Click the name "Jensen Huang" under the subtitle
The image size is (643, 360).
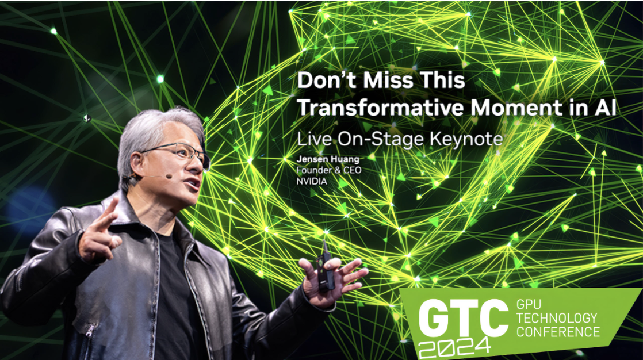point(328,159)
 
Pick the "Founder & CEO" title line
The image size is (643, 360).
point(329,170)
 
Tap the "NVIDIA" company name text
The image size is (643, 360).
point(312,181)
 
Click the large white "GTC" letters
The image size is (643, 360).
point(464,319)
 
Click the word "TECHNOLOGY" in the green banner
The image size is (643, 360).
point(557,318)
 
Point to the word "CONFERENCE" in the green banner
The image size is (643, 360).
point(558,331)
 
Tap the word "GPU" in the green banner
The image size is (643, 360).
point(529,304)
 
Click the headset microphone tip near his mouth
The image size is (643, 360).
point(169,177)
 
